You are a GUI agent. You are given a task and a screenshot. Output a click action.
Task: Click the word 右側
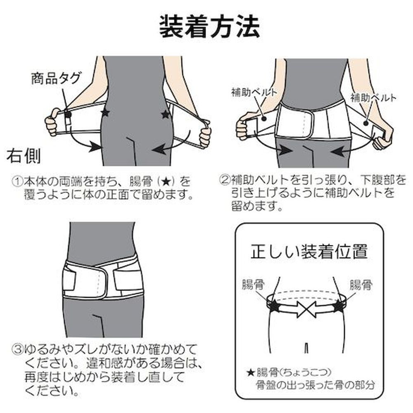click(x=24, y=156)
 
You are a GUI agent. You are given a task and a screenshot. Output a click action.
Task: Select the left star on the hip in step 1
click(x=105, y=113)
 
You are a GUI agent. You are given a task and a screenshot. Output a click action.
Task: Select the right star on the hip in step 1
click(x=166, y=114)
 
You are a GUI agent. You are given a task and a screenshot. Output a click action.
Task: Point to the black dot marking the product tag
click(x=68, y=114)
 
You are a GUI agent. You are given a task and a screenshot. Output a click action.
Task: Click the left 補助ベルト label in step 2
click(x=254, y=93)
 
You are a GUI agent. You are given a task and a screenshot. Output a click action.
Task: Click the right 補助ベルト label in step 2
click(x=373, y=98)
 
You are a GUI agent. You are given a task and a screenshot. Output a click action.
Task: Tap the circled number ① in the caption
click(x=18, y=181)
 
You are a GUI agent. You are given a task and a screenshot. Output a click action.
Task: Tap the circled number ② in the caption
click(x=225, y=180)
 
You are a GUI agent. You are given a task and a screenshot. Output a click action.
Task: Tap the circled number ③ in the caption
click(x=18, y=350)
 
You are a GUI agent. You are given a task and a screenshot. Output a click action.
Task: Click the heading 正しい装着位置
click(x=309, y=252)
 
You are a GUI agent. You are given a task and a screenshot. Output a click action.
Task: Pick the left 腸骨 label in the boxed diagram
click(x=253, y=285)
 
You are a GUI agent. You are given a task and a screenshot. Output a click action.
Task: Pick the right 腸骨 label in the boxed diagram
click(x=361, y=285)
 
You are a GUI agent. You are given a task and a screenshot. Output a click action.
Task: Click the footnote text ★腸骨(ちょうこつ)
click(x=289, y=372)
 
